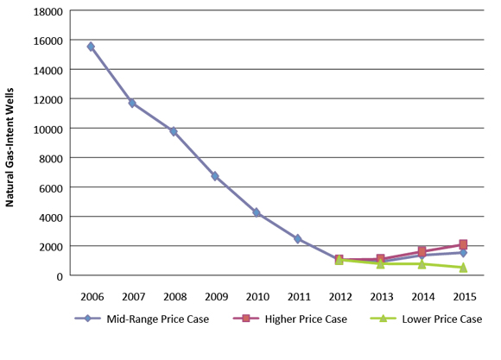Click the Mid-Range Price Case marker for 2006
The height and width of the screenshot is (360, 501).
91,47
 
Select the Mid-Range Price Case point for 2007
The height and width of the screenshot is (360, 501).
132,103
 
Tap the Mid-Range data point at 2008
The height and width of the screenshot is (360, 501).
174,131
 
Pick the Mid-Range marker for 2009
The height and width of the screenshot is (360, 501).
215,176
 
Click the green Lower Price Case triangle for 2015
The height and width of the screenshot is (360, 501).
463,268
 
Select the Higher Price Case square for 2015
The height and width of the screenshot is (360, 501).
463,244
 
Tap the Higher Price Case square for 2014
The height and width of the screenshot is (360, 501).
422,251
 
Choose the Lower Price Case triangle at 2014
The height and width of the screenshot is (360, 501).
422,263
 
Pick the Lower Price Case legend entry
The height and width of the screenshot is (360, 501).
436,319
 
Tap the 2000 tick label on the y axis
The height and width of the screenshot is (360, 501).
52,246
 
